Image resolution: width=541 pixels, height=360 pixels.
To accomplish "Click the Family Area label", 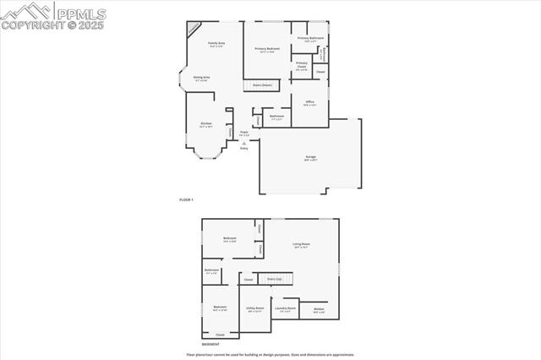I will (x=216, y=43).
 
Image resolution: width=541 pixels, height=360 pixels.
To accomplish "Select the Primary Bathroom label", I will (x=310, y=39).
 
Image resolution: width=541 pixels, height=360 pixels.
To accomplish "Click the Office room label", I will (x=309, y=101).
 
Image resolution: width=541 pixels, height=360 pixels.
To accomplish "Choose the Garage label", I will (x=310, y=157).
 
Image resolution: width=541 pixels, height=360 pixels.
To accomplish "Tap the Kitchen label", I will (x=206, y=124).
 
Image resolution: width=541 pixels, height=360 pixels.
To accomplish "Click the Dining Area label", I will (x=201, y=78).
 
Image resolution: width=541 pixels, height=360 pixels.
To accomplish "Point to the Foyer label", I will (x=243, y=133).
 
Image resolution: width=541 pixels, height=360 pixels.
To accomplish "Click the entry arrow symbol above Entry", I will (x=243, y=144).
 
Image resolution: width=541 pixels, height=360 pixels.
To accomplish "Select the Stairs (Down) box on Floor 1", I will (x=263, y=85).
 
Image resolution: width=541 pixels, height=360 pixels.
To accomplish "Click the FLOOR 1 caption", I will (x=187, y=199).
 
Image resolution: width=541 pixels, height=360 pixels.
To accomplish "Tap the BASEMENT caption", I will (x=210, y=344).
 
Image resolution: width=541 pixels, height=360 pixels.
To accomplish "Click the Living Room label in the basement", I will (x=301, y=245).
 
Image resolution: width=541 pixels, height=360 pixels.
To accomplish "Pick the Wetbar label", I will (x=319, y=309).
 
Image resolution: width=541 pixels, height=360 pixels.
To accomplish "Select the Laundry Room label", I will (x=285, y=308).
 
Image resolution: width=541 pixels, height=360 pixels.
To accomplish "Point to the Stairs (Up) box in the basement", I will (x=274, y=278).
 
